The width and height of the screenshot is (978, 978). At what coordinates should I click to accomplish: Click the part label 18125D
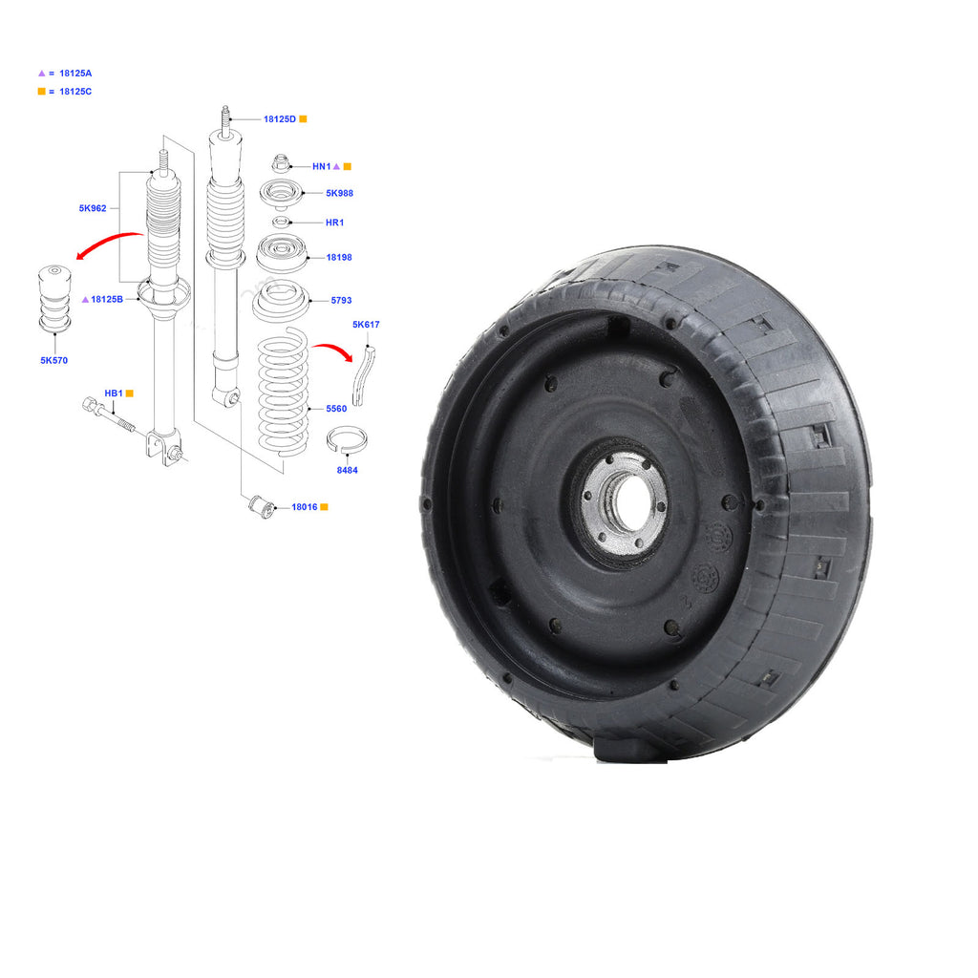click(x=280, y=119)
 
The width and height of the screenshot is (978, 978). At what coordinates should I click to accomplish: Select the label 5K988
click(x=339, y=193)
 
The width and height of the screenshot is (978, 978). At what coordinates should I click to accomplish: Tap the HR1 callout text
click(x=334, y=222)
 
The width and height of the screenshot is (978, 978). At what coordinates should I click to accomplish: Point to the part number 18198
click(x=339, y=257)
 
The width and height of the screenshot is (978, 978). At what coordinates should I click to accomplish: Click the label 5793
click(x=341, y=300)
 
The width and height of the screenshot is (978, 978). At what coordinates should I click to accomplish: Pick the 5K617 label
click(x=366, y=325)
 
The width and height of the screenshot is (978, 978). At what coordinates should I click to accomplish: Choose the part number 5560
click(x=336, y=409)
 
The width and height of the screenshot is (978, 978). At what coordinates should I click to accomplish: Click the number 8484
click(x=347, y=470)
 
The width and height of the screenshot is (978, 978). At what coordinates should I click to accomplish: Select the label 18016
click(x=305, y=507)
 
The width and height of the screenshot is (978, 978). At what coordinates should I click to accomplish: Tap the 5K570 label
click(x=53, y=360)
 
